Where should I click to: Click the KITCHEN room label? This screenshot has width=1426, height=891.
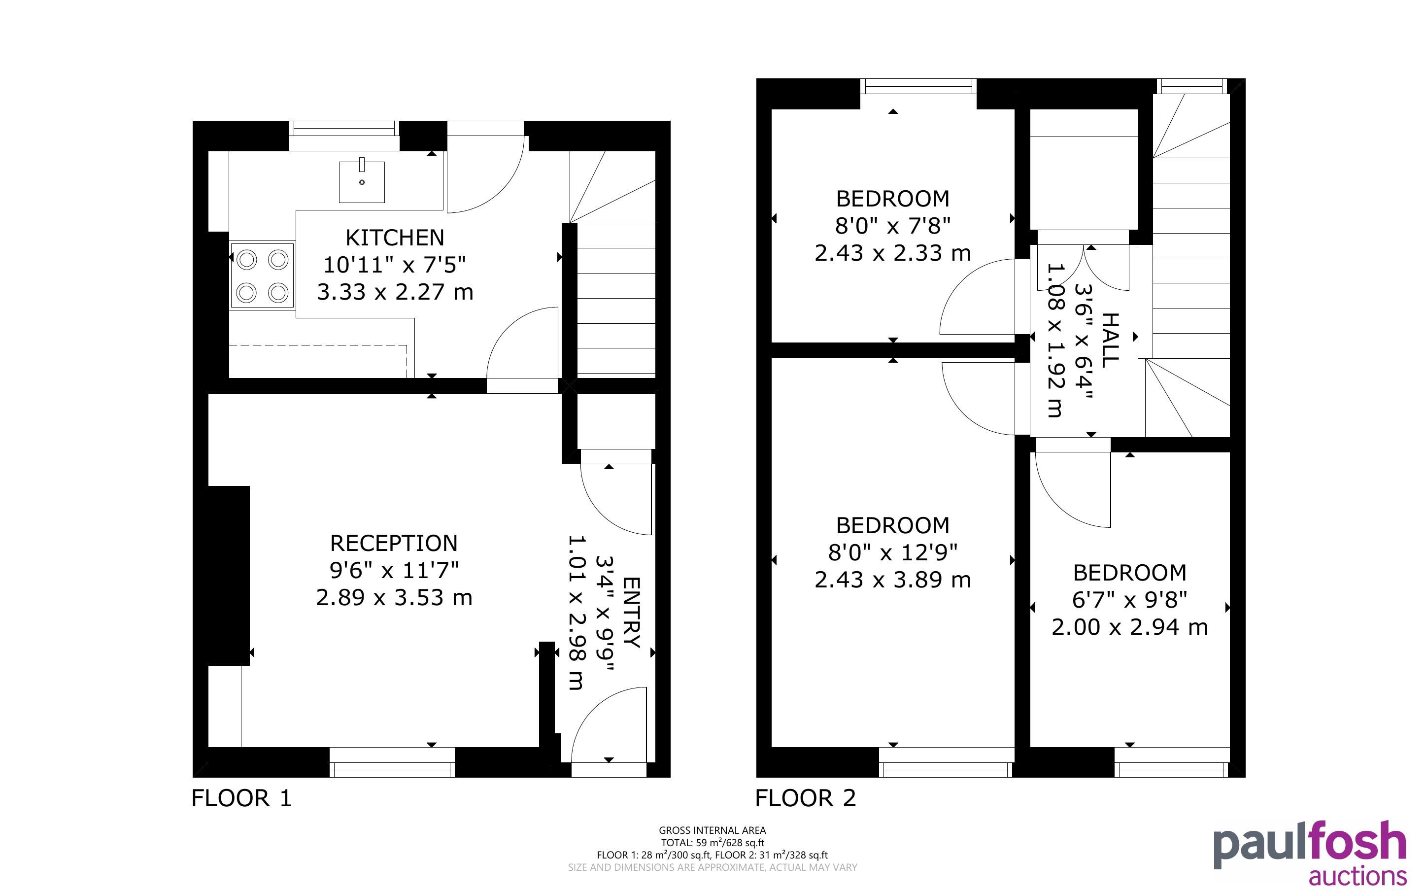(x=395, y=238)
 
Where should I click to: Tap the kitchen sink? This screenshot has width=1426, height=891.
(x=362, y=181)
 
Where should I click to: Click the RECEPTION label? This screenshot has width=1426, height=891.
(x=394, y=543)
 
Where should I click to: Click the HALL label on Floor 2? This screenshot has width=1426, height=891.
(x=1110, y=341)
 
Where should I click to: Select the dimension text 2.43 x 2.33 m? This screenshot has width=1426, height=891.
(x=892, y=253)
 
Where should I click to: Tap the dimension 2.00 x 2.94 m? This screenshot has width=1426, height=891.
(x=1129, y=627)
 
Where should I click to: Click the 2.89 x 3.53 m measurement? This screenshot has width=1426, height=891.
(x=394, y=598)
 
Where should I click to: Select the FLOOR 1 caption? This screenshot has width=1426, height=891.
(x=241, y=798)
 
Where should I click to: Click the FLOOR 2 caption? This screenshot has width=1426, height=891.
(x=805, y=798)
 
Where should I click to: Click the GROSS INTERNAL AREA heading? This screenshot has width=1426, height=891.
(x=712, y=830)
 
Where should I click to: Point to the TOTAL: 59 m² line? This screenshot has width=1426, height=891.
(x=712, y=843)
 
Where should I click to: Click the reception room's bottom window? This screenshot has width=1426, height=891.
(x=392, y=762)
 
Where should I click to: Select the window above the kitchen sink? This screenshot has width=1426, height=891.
(x=344, y=136)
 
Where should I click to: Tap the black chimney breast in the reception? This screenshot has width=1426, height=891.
(x=229, y=576)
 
